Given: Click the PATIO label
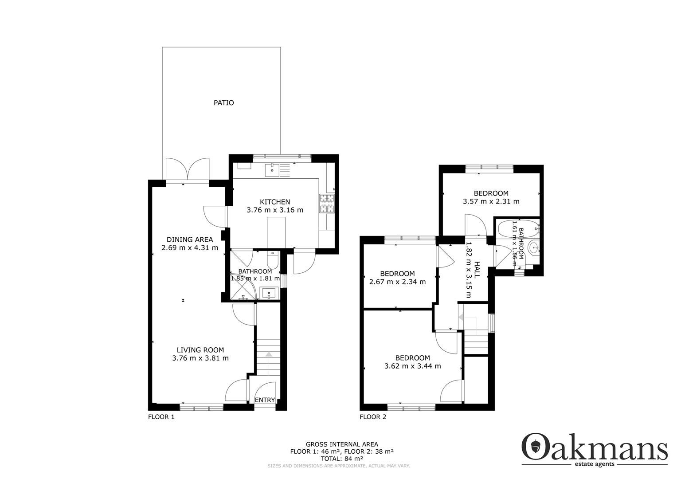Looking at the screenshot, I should click(223, 103).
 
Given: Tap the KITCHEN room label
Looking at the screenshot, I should click(275, 202).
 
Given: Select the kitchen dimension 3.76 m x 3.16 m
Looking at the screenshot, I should click(275, 210).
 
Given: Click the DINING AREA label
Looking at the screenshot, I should click(190, 239).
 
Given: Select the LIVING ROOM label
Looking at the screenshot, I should click(200, 350).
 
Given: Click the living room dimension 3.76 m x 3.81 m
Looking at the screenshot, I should click(200, 358).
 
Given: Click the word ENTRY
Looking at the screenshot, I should click(265, 400).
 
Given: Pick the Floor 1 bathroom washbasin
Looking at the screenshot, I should click(268, 293).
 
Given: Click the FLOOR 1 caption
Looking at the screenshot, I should click(161, 417).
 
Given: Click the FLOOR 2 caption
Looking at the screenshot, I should click(373, 417).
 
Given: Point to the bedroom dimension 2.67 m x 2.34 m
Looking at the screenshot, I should click(397, 282).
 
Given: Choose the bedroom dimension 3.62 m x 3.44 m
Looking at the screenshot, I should click(412, 366).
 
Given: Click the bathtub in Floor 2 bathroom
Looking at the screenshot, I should click(517, 229).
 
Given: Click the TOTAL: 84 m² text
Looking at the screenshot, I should click(342, 459).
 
